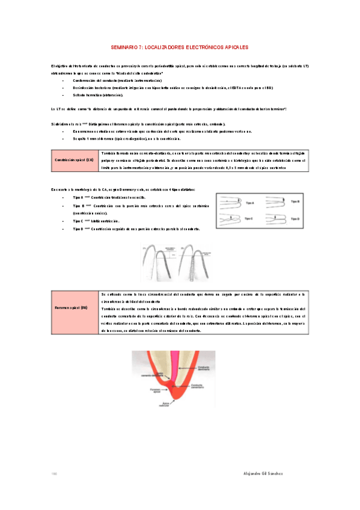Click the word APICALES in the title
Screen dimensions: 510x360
(x=233, y=46)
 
